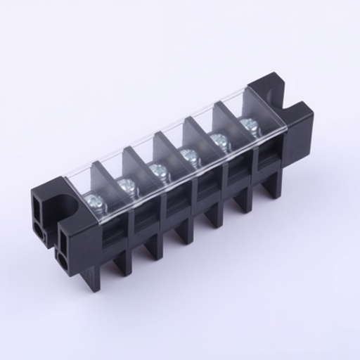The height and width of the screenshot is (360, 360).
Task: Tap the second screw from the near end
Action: point(127,186)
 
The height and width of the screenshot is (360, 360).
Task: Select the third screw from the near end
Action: point(158,170)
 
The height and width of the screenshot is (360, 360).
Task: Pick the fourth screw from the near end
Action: point(188,153)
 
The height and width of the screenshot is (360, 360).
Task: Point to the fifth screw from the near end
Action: point(219,139)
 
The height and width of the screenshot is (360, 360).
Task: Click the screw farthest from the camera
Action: point(248,125)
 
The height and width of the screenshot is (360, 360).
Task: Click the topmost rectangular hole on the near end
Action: point(37,204)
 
